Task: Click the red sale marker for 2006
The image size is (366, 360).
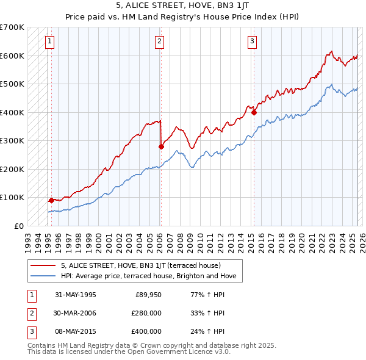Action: [x=161, y=146]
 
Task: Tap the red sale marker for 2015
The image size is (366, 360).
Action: [x=254, y=112]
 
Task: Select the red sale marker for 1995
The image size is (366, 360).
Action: [x=51, y=200]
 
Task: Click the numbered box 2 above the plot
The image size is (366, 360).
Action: [x=159, y=41]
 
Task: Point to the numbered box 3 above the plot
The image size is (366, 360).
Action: [x=252, y=41]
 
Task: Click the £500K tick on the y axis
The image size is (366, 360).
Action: [x=12, y=84]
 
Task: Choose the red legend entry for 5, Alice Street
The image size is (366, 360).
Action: [x=145, y=265]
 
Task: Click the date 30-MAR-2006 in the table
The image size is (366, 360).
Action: [x=75, y=313]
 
